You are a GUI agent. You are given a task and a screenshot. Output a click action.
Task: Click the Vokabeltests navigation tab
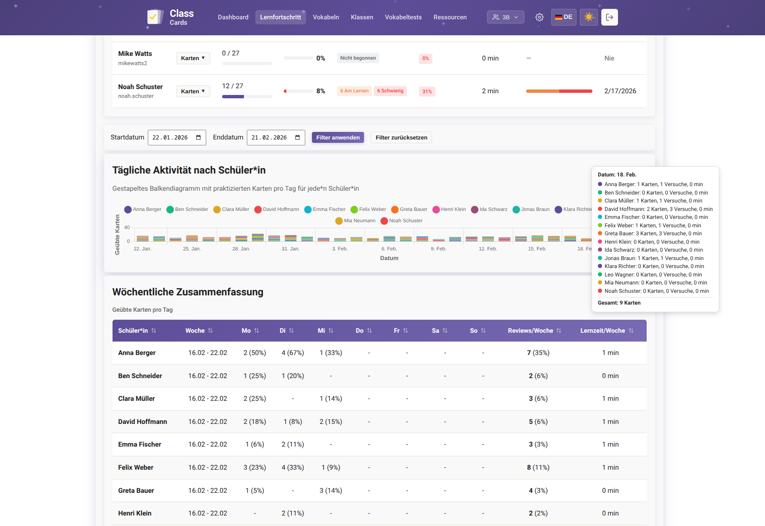point(403,17)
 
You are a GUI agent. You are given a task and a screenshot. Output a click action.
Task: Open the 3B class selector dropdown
point(506,17)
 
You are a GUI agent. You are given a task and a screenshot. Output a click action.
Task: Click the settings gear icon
point(539,17)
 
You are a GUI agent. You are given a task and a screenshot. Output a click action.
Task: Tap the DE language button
point(563,17)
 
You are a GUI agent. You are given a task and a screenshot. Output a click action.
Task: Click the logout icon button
point(609,17)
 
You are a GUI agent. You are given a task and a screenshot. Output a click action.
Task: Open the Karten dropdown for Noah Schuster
point(193,91)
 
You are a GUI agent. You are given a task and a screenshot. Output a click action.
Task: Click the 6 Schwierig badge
point(390,91)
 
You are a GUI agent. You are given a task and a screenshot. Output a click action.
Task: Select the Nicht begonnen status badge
point(358,58)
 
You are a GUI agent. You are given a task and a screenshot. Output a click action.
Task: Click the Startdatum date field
point(177,137)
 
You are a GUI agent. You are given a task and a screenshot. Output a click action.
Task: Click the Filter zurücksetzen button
point(401,137)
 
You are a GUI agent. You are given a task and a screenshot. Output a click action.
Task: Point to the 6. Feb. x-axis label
point(389,249)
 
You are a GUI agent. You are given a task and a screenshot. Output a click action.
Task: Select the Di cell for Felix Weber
point(293,467)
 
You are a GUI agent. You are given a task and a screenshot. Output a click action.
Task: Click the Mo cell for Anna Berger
point(254,353)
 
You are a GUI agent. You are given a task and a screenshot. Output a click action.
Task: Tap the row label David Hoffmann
point(142,421)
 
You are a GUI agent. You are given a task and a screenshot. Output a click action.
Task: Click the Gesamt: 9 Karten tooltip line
point(619,302)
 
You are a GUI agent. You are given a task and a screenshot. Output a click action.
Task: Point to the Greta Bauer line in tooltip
point(652,234)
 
